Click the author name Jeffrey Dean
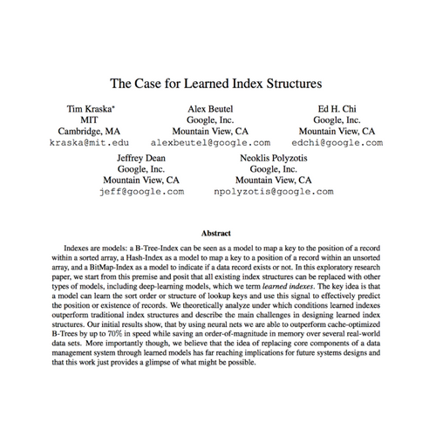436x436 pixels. (141, 157)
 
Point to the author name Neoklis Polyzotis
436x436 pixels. (273, 157)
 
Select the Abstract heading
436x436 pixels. (216, 234)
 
